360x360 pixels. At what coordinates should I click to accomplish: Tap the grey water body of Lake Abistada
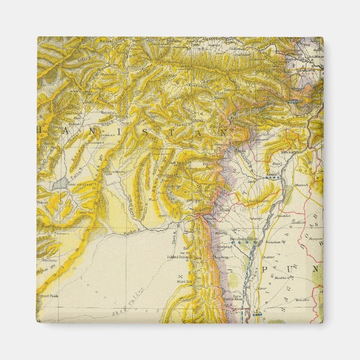[59, 184]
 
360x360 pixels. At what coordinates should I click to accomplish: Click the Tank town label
[225, 210]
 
